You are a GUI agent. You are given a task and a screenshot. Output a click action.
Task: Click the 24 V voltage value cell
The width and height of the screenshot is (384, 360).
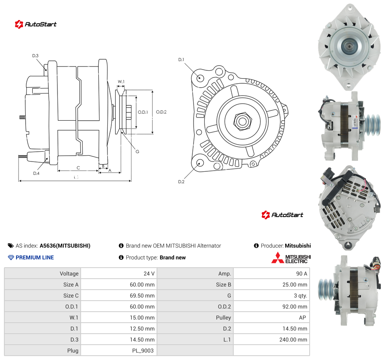click(x=149, y=274)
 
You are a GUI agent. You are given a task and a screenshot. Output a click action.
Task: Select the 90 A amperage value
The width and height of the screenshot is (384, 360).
click(x=301, y=274)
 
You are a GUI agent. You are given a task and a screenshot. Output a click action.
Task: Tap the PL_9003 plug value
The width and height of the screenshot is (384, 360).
click(x=143, y=351)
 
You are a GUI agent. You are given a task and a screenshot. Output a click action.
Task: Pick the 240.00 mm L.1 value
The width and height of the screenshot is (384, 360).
click(x=293, y=340)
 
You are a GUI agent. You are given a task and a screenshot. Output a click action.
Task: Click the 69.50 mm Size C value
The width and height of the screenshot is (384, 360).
click(x=142, y=296)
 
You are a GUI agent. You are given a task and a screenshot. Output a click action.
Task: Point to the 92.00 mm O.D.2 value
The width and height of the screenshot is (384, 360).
click(x=295, y=307)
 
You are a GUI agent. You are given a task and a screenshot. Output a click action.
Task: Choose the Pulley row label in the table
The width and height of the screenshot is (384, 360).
click(x=223, y=318)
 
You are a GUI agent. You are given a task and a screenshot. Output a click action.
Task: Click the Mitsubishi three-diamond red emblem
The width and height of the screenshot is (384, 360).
click(x=277, y=258)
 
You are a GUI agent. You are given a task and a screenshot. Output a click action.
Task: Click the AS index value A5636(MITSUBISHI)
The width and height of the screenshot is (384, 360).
click(x=65, y=246)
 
